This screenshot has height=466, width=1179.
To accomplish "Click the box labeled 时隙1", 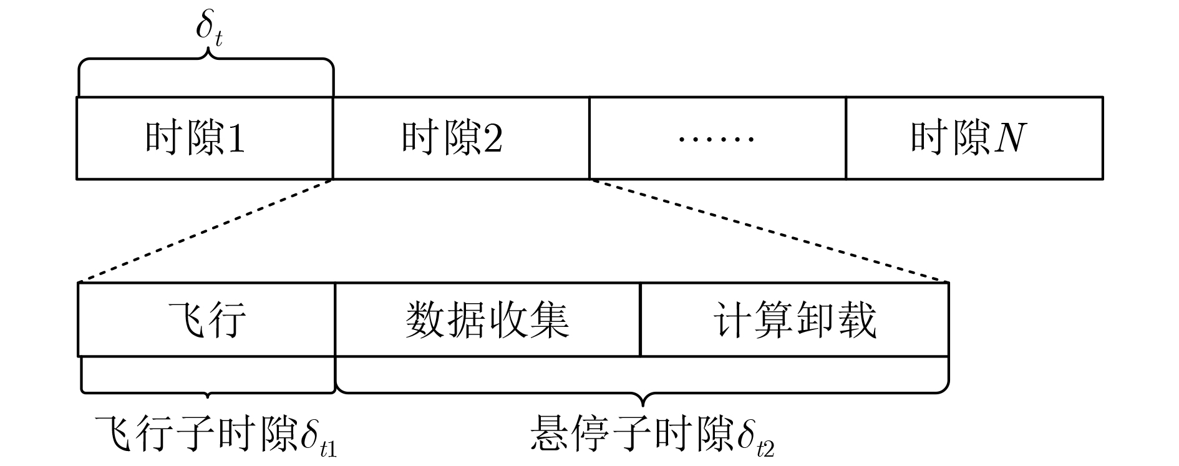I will [205, 138].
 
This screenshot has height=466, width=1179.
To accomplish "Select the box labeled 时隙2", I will [461, 138].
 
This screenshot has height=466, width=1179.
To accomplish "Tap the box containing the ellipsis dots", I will [717, 138].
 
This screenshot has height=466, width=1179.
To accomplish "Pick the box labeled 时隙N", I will [974, 138].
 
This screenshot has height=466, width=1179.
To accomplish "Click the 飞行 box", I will [206, 319].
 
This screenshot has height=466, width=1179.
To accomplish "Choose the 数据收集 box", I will [487, 319].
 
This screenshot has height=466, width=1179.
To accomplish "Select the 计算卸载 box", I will [794, 319].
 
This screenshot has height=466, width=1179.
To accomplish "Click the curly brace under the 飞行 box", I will [207, 392].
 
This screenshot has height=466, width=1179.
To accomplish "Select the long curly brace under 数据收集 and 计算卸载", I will [643, 392].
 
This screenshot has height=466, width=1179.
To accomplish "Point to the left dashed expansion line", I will [206, 231].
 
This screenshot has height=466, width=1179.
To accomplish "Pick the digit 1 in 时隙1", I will [236, 138].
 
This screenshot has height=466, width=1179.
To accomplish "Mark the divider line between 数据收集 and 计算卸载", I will [641, 319].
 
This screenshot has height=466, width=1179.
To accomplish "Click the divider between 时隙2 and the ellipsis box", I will [589, 138].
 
